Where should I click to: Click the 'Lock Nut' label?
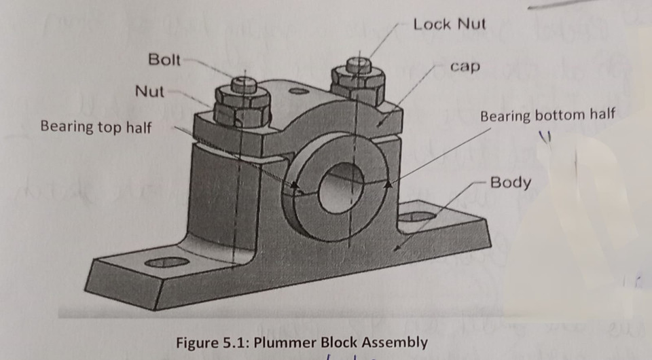pos(450,24)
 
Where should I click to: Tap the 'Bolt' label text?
pos(164,60)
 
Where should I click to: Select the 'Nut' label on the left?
pos(149,91)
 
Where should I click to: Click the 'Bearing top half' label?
pos(96,127)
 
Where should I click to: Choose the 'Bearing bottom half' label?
pos(547,115)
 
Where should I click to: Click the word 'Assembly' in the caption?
pos(395,341)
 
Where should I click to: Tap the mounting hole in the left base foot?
pos(167,262)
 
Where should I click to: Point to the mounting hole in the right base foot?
pos(418,217)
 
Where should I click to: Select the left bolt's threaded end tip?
pos(243,84)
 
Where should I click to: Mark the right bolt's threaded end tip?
pos(358,65)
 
